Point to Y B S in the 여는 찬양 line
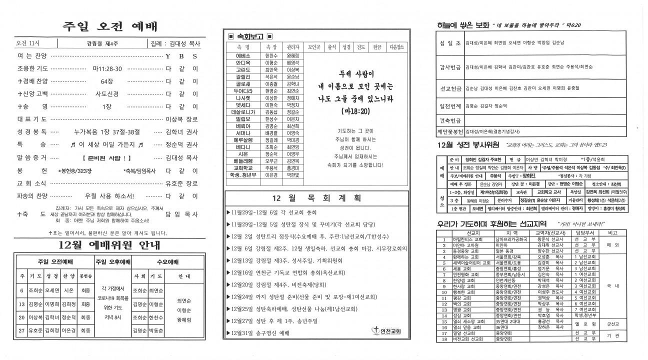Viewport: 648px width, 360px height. tap(181, 56)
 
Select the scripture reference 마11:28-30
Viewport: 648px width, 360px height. tap(107, 68)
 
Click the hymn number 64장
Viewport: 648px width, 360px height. tap(106, 81)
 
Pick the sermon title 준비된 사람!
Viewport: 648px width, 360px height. tap(106, 157)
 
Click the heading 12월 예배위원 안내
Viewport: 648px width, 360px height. tap(109, 245)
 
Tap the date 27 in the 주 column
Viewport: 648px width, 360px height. tap(22, 330)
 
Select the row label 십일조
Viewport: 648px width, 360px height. tap(449, 42)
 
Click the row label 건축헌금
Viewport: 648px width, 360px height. tap(449, 120)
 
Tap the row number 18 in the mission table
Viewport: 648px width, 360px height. tap(443, 339)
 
